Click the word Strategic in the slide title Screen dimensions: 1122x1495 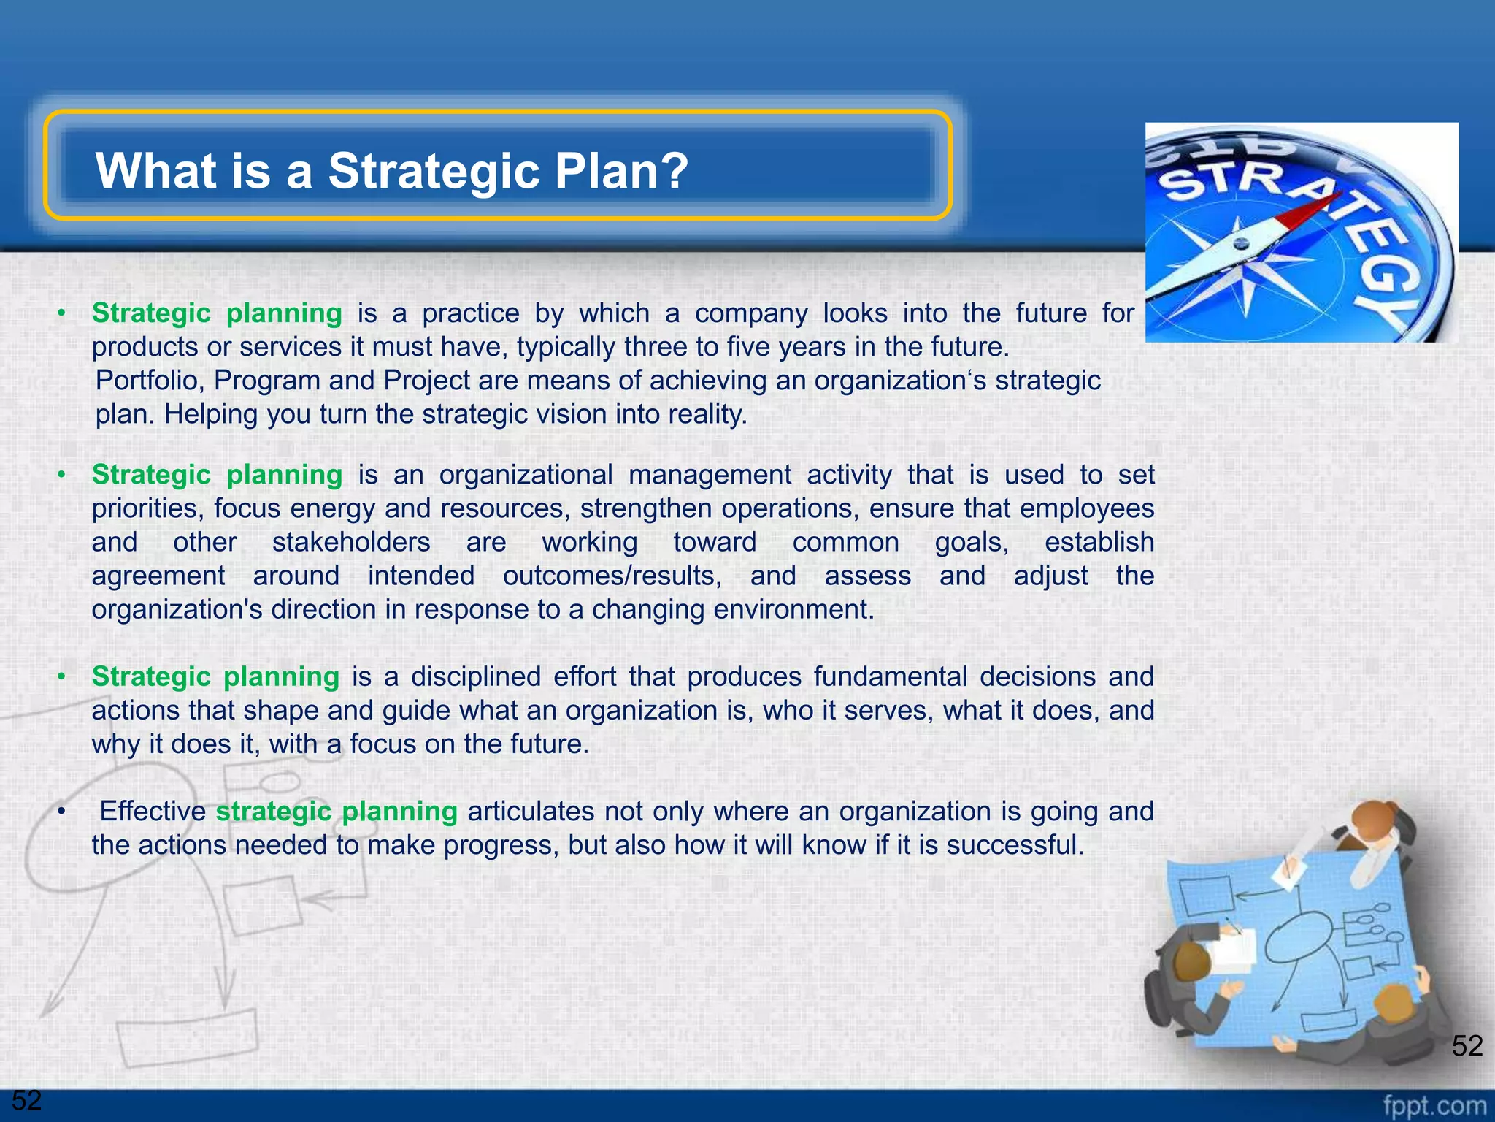[x=434, y=172]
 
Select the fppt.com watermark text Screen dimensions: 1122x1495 [x=1434, y=1105]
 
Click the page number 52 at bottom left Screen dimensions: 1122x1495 [x=27, y=1099]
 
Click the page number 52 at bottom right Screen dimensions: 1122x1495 [x=1467, y=1046]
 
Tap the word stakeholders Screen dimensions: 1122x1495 [x=351, y=542]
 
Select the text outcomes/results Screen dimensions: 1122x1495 [x=612, y=576]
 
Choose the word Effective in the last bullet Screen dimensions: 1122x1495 [x=153, y=811]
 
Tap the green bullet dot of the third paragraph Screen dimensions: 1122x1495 [x=62, y=677]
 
